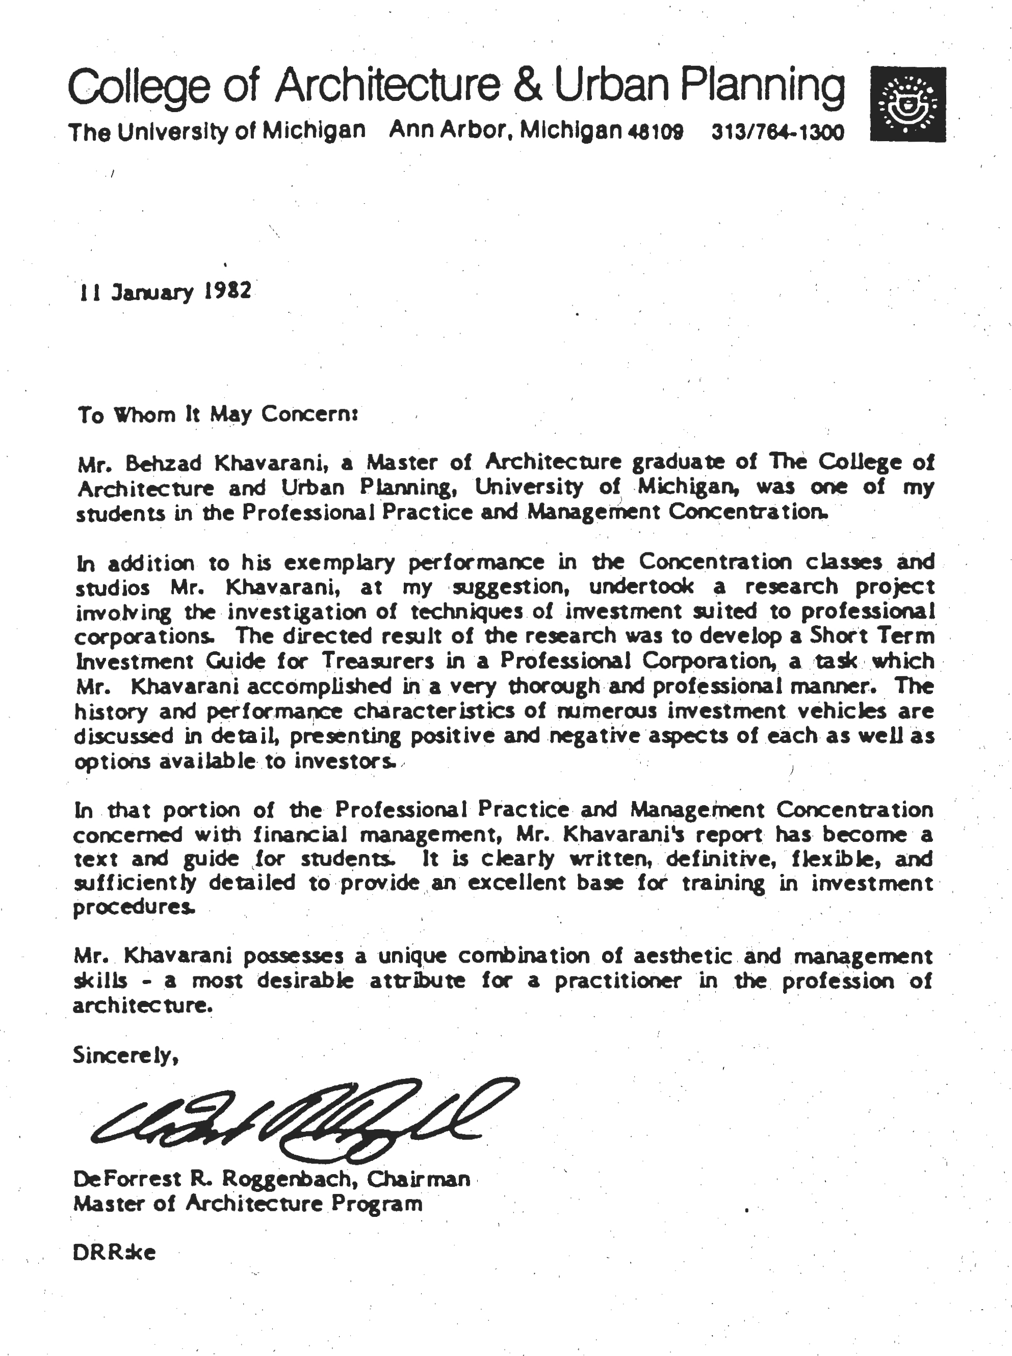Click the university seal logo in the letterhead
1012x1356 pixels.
[908, 104]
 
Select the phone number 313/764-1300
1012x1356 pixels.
[777, 132]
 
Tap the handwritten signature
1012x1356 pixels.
[303, 1119]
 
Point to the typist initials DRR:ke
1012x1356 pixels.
[115, 1253]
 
